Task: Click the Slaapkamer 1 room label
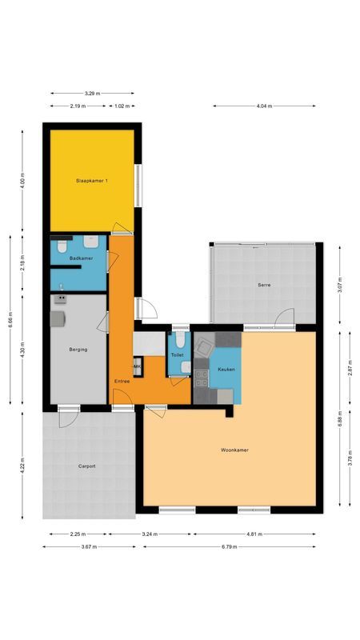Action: point(92,181)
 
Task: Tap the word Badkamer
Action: point(81,258)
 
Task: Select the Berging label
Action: point(78,350)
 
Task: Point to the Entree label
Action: point(122,381)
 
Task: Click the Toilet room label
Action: point(178,354)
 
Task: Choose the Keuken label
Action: point(225,370)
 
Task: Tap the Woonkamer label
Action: point(234,450)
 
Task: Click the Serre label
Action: point(264,286)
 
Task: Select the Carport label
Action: point(87,466)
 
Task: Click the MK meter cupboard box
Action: point(137,366)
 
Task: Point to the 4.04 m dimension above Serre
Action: point(264,106)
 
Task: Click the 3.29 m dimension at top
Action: point(91,94)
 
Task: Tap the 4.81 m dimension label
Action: point(254,534)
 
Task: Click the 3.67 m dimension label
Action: point(89,547)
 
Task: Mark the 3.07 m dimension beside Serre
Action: point(340,286)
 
